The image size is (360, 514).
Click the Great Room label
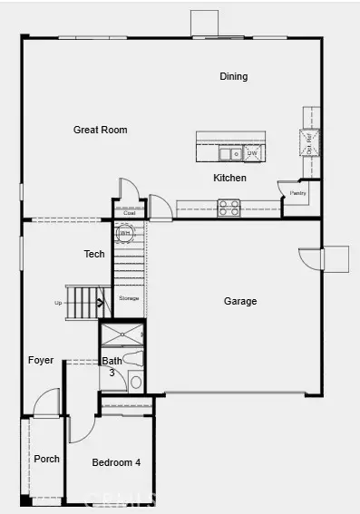(x=100, y=130)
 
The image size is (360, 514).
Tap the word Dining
(x=233, y=77)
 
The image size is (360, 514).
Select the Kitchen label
(x=229, y=178)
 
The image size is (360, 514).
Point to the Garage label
(x=240, y=301)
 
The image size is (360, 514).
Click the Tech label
(x=94, y=255)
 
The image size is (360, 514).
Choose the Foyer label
(x=41, y=360)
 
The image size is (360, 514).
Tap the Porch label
(x=46, y=459)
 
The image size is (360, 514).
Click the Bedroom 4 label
(x=116, y=462)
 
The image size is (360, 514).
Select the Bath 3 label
(x=112, y=366)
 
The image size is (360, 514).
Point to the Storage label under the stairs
(x=129, y=297)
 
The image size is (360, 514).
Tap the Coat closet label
(x=129, y=213)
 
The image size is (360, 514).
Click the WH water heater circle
(x=125, y=233)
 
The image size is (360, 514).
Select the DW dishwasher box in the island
(x=253, y=154)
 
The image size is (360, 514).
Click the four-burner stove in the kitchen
(x=229, y=209)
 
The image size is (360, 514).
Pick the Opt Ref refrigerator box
(x=308, y=141)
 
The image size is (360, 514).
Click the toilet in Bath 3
(x=135, y=381)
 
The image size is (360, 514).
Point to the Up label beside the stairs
(x=59, y=303)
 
